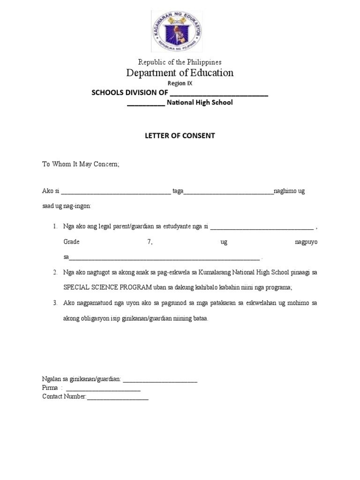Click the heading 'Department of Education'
coord(180,73)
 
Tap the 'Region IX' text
coord(180,83)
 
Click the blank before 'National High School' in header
coord(146,103)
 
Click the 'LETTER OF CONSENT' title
coord(180,135)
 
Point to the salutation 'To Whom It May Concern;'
coord(81,164)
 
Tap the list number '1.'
coord(55,226)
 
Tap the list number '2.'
coord(55,272)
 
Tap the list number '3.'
coord(55,303)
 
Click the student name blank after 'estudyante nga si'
coord(262,227)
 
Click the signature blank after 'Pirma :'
coord(103,389)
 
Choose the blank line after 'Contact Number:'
coord(118,397)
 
